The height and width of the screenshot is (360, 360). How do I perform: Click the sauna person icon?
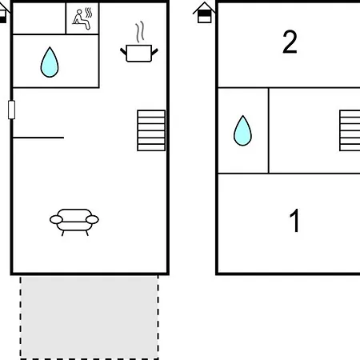tap(82, 18)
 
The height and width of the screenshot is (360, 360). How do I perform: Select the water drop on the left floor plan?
tap(50, 62)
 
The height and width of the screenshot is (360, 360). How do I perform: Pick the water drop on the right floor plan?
tap(242, 130)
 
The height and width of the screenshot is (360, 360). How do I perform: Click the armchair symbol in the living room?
tap(74, 222)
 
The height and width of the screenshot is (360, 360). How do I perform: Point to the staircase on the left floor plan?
tap(151, 130)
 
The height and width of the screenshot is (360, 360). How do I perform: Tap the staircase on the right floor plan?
tap(350, 130)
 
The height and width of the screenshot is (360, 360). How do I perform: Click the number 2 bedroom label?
tap(290, 42)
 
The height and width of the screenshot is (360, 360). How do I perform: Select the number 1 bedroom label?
tap(295, 220)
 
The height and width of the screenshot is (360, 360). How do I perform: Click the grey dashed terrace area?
tap(90, 318)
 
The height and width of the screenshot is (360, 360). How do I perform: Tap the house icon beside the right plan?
tap(204, 13)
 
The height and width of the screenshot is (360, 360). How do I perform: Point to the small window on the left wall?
tap(11, 110)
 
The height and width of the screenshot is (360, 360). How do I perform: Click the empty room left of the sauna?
tap(39, 18)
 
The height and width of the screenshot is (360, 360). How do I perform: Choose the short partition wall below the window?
tap(38, 138)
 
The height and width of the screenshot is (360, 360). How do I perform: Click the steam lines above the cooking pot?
tap(140, 32)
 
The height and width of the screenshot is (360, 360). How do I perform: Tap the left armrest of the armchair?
tap(56, 220)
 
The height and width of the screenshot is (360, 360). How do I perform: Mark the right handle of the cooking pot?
tap(154, 52)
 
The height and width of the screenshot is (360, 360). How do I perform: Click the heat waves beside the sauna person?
tap(89, 13)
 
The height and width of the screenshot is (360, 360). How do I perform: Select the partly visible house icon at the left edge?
tap(3, 14)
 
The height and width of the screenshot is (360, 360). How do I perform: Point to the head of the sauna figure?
tap(79, 12)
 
